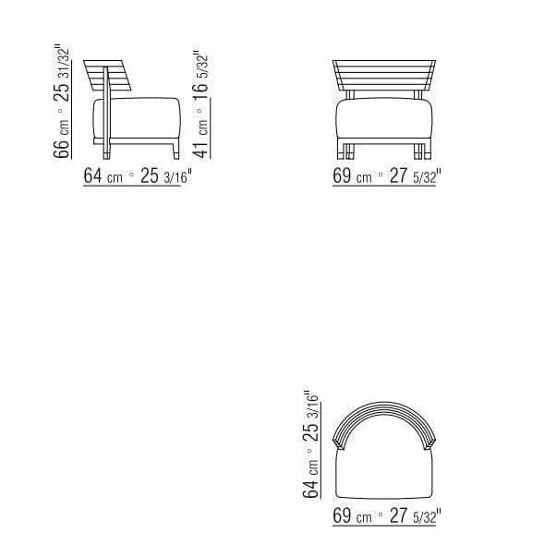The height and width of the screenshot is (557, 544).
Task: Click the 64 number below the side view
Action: (93, 176)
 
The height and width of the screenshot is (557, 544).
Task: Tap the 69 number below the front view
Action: (343, 176)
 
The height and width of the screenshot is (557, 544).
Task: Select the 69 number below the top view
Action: (343, 515)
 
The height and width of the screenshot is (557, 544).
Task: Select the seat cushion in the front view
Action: (382, 120)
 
